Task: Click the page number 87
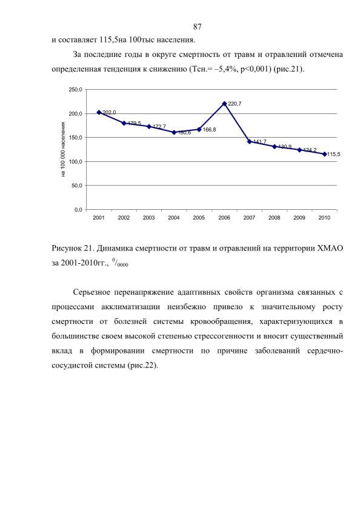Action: point(197,27)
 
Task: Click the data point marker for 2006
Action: point(224,104)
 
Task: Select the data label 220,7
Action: point(235,104)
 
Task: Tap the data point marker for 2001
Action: point(99,113)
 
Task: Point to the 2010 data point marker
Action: point(325,154)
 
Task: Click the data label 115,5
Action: point(334,155)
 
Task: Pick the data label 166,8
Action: point(209,130)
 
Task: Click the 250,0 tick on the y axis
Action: point(75,90)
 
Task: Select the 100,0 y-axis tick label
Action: point(75,162)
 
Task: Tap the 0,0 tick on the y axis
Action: point(78,210)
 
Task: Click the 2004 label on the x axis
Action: point(174,218)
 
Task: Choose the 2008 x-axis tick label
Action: point(274,218)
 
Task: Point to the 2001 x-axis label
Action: point(99,218)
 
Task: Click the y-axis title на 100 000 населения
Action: point(63,150)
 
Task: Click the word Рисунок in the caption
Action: point(66,249)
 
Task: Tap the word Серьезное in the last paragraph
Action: point(92,292)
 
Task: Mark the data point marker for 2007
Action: point(250,142)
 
